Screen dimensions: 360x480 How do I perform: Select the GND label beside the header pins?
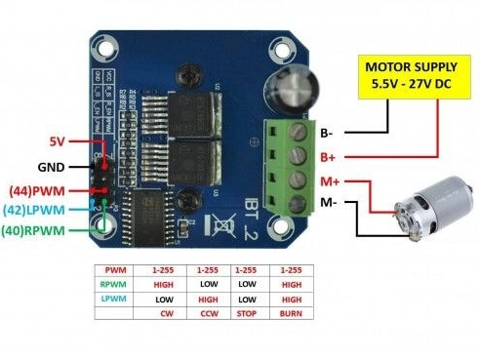click(x=53, y=167)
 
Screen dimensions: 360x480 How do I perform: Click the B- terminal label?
click(x=329, y=131)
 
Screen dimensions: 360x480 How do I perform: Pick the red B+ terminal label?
click(x=329, y=155)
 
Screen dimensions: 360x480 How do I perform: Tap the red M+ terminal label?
click(x=331, y=180)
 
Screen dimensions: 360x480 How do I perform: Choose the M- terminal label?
click(x=330, y=203)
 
